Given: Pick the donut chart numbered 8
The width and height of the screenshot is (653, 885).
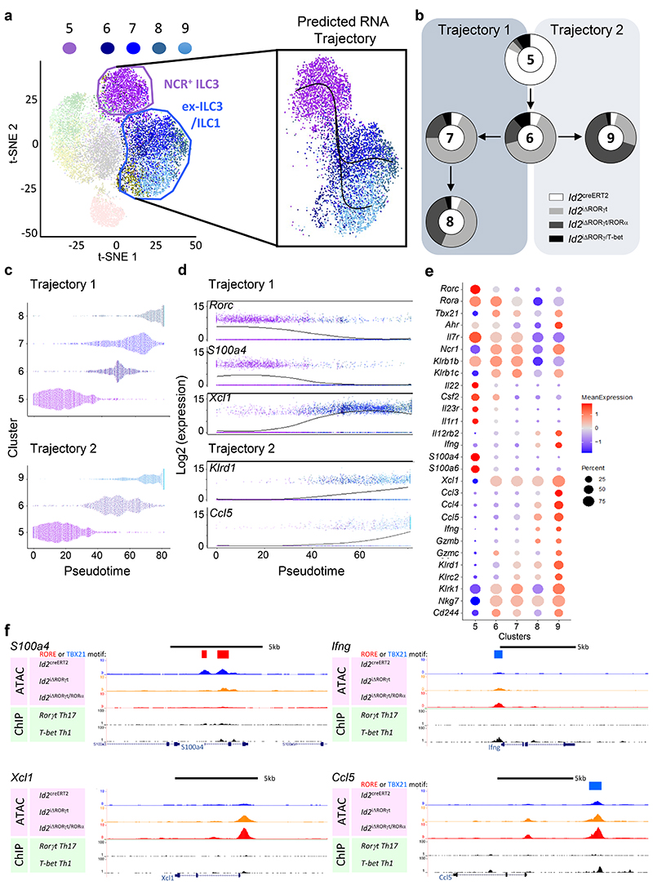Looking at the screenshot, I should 451,218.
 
